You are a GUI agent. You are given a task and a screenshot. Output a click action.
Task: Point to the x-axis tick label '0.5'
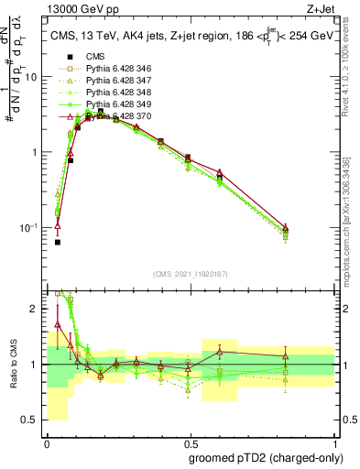pyautogui.click(x=190, y=442)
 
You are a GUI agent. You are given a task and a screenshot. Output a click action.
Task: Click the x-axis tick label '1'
pyautogui.click(x=333, y=442)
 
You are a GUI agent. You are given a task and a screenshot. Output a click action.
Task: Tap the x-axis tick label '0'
pyautogui.click(x=47, y=442)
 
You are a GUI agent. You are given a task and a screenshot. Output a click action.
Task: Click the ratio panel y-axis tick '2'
pyautogui.click(x=37, y=309)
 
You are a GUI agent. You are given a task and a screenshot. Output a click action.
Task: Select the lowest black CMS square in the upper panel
pyautogui.click(x=58, y=243)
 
